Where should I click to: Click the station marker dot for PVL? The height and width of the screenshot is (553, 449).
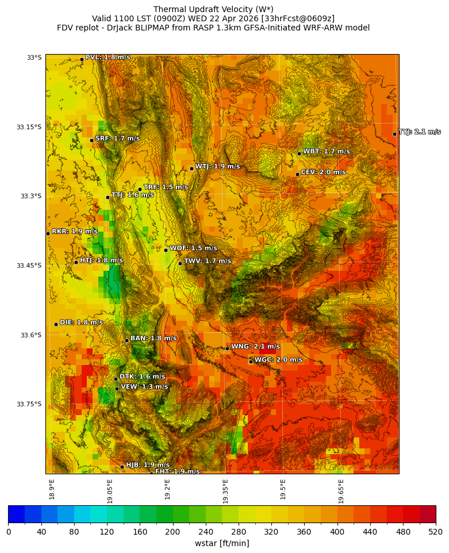pos(82,59)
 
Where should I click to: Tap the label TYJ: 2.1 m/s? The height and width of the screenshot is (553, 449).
pos(420,132)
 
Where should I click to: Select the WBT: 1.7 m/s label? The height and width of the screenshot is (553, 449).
pos(326,152)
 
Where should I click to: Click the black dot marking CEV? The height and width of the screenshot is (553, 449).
pos(297,174)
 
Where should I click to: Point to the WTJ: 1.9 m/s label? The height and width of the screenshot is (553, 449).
pos(217,167)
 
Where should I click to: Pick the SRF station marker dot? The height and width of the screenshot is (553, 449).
pos(91,140)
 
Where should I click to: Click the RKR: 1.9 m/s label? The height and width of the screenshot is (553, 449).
pos(74,232)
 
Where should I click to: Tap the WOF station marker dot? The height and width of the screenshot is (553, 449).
pos(166,250)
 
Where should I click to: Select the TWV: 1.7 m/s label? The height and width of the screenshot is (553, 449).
pos(208,262)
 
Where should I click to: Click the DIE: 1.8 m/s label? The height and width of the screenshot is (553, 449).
pos(81,322)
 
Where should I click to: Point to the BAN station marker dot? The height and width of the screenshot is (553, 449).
pos(126,340)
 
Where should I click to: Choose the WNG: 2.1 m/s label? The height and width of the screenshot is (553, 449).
pos(255,347)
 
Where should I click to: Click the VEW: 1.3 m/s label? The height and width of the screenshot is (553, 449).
pos(144,387)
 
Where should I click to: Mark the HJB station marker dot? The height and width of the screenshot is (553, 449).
pos(122,467)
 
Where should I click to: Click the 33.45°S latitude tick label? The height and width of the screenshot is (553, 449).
pos(31,266)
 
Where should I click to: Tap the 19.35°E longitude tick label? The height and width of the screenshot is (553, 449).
pos(225,491)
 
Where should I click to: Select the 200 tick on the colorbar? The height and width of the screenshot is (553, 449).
pos(172,532)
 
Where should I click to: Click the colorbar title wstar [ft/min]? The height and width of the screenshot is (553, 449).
pos(222,544)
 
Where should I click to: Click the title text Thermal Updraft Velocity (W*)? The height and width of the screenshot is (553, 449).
pos(213,9)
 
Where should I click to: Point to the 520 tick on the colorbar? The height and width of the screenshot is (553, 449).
pos(435,532)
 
